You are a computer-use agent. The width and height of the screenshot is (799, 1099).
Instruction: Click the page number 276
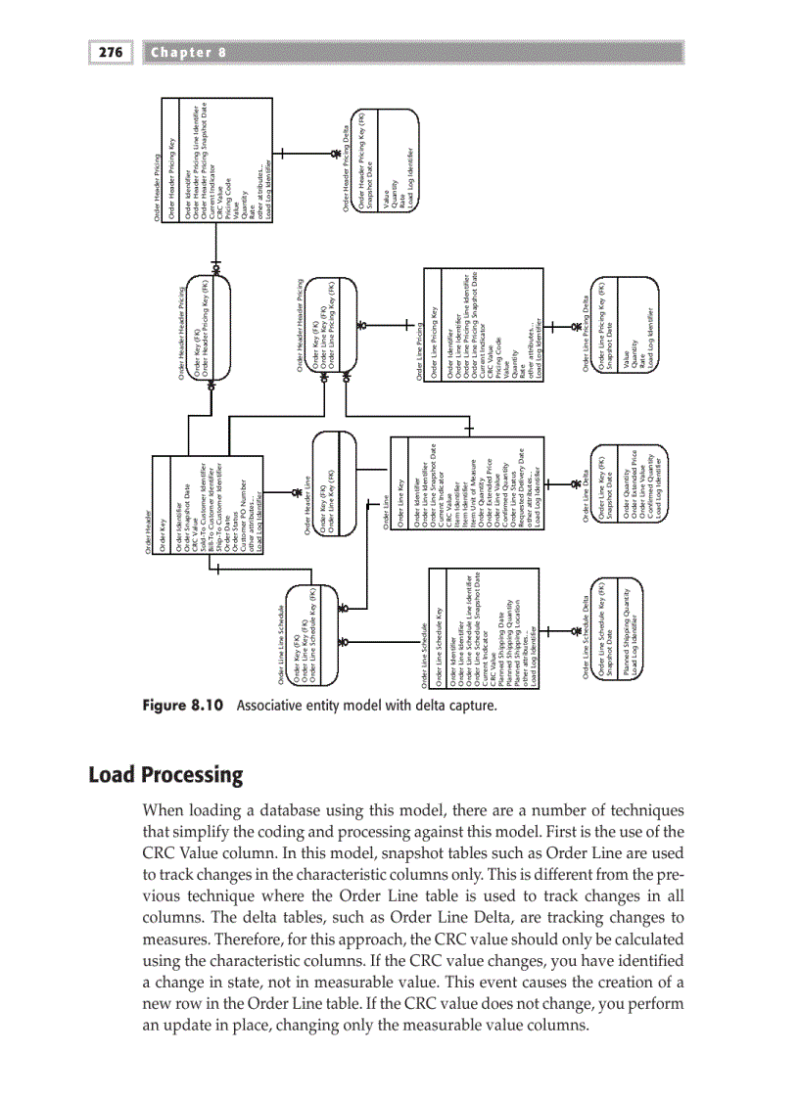(112, 53)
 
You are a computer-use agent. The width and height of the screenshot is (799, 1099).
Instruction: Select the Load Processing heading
(165, 775)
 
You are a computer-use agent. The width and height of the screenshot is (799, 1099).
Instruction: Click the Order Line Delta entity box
(626, 485)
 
